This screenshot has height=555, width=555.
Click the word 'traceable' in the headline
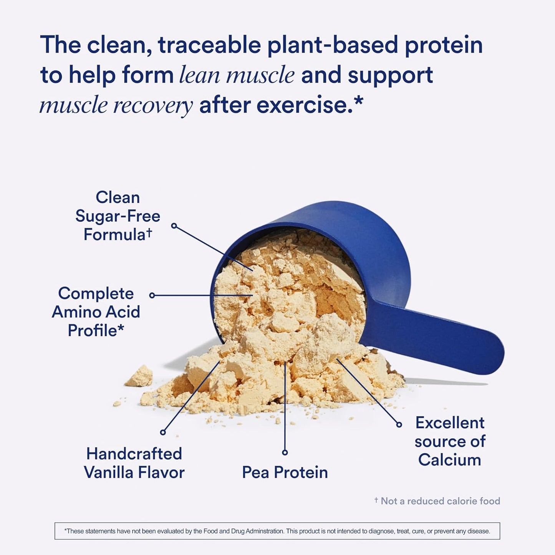tap(209, 45)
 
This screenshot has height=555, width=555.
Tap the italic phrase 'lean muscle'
tap(237, 75)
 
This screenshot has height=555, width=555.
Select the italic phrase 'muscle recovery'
tap(116, 105)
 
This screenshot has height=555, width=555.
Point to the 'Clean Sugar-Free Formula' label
tap(118, 216)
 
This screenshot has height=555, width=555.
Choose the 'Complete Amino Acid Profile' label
tap(96, 312)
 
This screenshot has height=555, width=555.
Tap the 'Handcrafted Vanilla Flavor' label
tap(134, 463)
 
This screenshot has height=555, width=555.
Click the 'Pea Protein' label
tap(285, 472)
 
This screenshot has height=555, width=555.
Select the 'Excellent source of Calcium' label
tap(450, 441)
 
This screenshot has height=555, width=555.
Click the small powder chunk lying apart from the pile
tap(139, 376)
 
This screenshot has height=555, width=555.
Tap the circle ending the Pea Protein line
tap(285, 452)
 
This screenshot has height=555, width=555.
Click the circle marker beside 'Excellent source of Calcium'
tap(399, 424)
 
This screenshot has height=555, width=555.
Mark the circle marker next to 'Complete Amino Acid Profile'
tap(152, 295)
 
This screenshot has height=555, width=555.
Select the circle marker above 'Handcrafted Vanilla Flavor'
tap(163, 432)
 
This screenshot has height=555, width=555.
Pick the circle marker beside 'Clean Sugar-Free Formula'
tap(174, 226)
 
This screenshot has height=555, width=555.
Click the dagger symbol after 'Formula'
tap(149, 233)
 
